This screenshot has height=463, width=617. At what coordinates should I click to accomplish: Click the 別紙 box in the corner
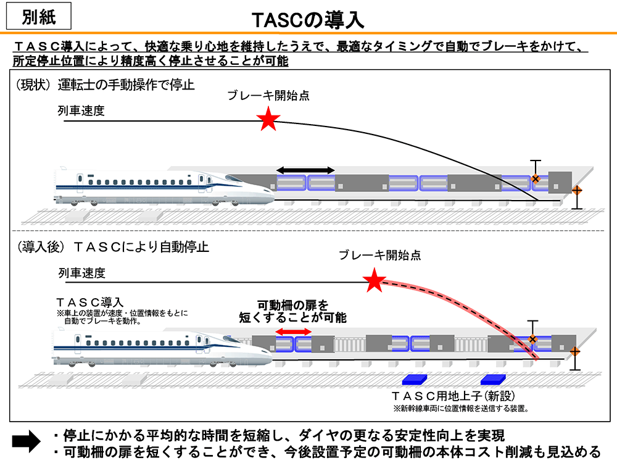38,17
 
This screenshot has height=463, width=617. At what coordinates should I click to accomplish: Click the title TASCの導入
308,20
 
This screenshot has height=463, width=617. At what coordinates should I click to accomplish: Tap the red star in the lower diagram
374,281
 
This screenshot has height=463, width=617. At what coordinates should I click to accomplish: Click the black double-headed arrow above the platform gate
305,170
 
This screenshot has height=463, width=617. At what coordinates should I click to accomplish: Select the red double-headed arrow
293,332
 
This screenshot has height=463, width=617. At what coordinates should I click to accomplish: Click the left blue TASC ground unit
415,378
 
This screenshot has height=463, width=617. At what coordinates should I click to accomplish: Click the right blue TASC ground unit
492,378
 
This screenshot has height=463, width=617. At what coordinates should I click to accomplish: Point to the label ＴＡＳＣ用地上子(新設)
453,395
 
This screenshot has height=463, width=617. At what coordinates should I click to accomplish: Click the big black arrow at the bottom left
27,440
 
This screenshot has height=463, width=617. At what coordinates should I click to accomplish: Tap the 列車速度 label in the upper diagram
81,111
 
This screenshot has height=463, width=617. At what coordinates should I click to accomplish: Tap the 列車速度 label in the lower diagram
82,273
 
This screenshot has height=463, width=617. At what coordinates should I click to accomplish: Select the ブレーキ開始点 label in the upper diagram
268,96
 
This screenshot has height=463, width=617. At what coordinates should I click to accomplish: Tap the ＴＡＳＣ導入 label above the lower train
89,303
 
